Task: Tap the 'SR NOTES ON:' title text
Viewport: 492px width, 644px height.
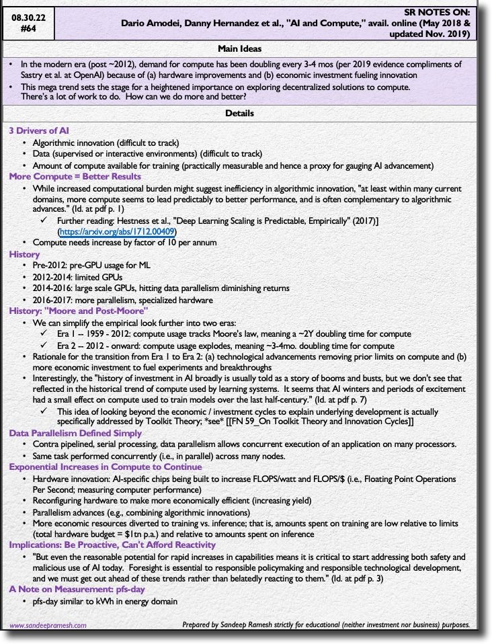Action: [x=440, y=12]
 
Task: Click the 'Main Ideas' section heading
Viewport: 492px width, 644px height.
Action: [x=240, y=48]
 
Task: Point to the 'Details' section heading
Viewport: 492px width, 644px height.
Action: [x=240, y=114]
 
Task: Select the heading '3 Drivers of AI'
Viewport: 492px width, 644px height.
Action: [x=39, y=130]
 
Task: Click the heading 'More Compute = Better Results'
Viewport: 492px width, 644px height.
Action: [x=75, y=176]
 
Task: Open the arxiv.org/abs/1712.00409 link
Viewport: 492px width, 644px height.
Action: [x=118, y=231]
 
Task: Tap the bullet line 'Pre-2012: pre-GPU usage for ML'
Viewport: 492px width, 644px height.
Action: [x=91, y=266]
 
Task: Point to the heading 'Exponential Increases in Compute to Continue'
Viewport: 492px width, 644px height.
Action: [x=105, y=467]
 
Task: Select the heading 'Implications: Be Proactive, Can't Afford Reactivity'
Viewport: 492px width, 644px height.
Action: [x=112, y=545]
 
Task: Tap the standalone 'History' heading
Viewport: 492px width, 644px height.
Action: [x=24, y=255]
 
